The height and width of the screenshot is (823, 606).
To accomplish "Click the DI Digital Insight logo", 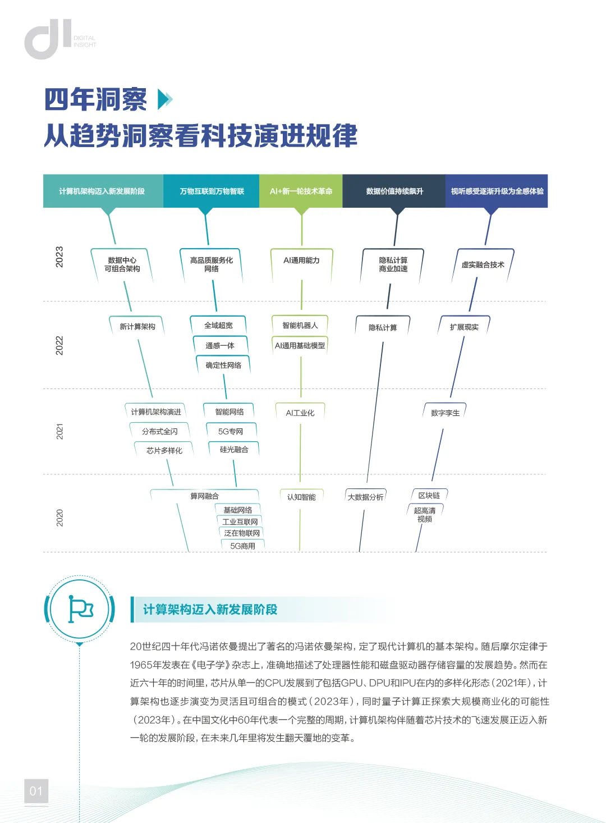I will [59, 39].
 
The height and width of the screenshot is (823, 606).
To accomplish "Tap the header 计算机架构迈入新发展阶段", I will [102, 191].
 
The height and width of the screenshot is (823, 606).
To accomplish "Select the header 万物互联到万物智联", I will [212, 191].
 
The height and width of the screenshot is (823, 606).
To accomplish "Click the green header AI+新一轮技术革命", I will [301, 191].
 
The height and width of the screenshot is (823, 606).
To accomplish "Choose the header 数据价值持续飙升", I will [394, 191].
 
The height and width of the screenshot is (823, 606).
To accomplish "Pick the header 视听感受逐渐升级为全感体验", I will [497, 191].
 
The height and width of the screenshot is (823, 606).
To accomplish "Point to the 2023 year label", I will [59, 257].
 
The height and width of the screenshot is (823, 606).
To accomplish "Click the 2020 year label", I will [59, 518].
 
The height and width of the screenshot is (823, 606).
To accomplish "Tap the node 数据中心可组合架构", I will [122, 264].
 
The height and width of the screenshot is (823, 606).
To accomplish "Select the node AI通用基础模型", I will [300, 346].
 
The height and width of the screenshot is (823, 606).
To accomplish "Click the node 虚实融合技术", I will [483, 265].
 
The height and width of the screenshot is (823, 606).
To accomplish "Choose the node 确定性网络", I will [223, 365].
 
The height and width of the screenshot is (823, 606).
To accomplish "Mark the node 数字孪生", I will [445, 413].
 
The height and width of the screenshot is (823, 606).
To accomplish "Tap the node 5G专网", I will [231, 432].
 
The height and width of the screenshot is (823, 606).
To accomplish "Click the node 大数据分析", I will [366, 497].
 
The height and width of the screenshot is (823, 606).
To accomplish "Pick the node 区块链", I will [429, 496].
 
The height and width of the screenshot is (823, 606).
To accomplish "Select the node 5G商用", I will [243, 546].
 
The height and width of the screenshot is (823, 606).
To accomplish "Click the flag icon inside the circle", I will [80, 609].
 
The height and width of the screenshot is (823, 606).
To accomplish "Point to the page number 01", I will [36, 792].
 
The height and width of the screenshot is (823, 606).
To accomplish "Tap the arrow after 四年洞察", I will [166, 100].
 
